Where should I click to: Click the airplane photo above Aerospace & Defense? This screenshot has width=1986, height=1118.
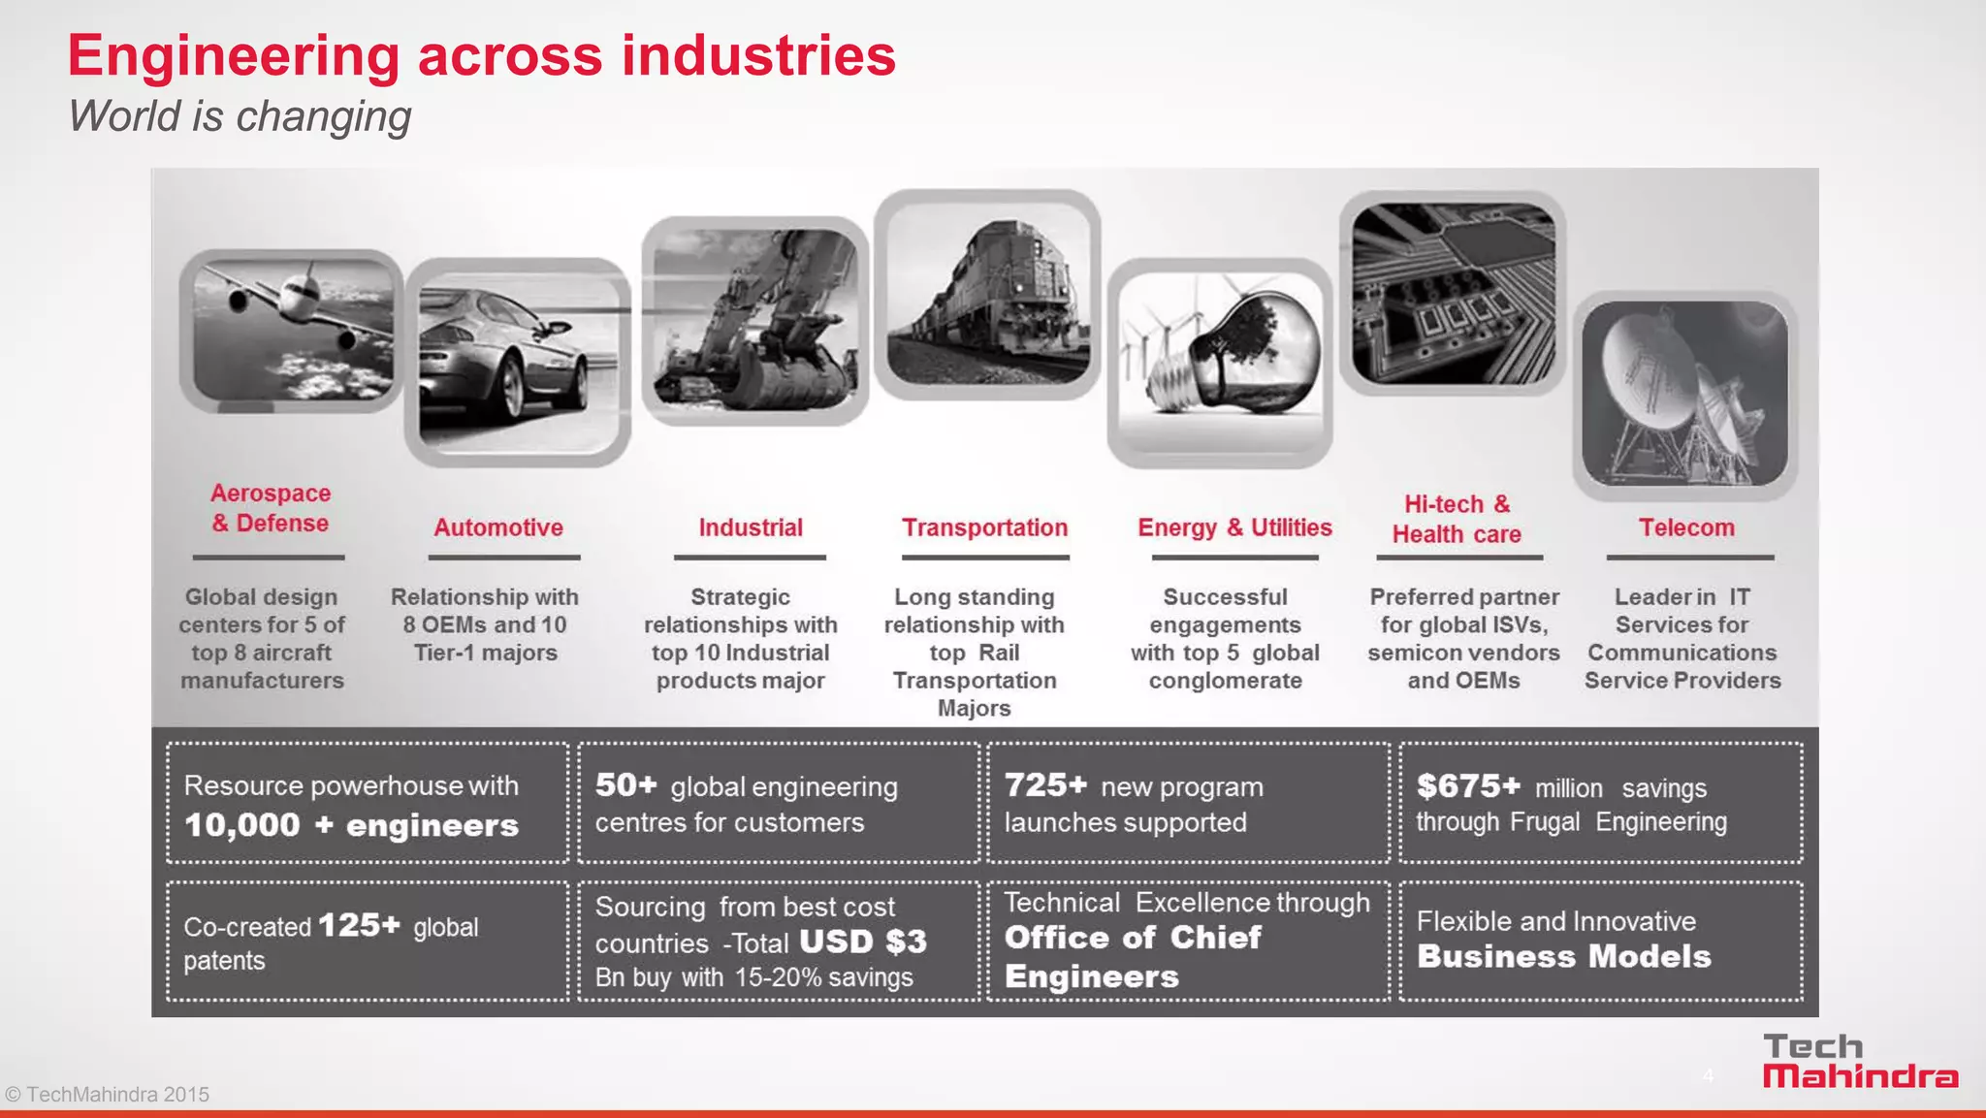[x=292, y=331]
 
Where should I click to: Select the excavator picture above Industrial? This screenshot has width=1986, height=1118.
[x=754, y=321]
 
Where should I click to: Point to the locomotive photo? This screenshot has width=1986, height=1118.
[x=986, y=294]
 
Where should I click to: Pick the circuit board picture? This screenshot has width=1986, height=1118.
[x=1453, y=293]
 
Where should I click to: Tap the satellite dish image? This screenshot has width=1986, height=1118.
[x=1684, y=395]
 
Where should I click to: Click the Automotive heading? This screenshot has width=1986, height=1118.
[x=498, y=527]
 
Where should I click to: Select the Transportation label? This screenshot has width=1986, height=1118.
[x=984, y=527]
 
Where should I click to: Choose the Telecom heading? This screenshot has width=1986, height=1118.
[x=1686, y=527]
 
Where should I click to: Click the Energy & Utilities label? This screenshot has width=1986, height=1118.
[x=1234, y=527]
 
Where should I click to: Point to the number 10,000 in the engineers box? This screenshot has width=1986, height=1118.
[x=242, y=825]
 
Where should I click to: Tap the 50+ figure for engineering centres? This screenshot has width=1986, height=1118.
[x=625, y=784]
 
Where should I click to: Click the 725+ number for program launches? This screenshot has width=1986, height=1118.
[x=1045, y=784]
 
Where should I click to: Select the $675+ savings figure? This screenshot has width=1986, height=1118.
[x=1468, y=785]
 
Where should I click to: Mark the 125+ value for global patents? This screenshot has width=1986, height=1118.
[x=359, y=925]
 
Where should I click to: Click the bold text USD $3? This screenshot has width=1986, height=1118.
[x=863, y=942]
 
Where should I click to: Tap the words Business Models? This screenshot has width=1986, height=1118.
[x=1563, y=957]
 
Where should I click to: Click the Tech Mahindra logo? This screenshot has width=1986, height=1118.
[x=1859, y=1062]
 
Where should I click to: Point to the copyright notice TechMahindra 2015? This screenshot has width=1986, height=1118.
[x=107, y=1095]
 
